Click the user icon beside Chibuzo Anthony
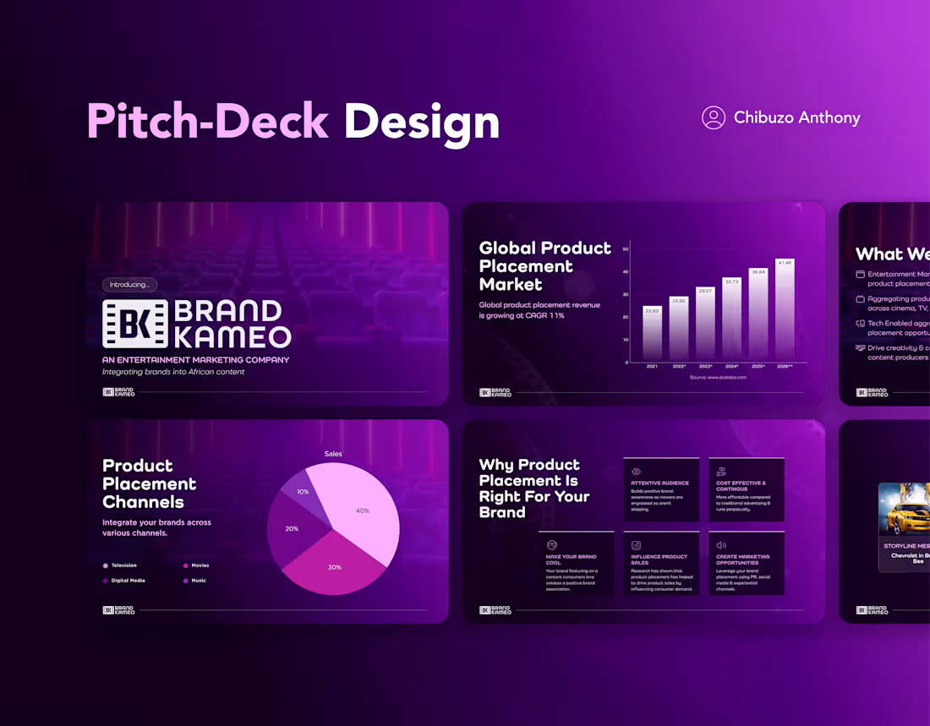[714, 117]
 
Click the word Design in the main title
[421, 122]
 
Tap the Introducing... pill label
[129, 285]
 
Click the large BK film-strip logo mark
[135, 323]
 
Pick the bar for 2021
[652, 333]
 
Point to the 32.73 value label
[731, 281]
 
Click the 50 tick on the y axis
[626, 249]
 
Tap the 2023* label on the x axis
[705, 367]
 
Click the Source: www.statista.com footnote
[718, 378]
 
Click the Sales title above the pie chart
[333, 454]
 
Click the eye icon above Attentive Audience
[637, 472]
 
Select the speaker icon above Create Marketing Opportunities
[721, 545]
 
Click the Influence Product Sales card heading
[659, 560]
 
